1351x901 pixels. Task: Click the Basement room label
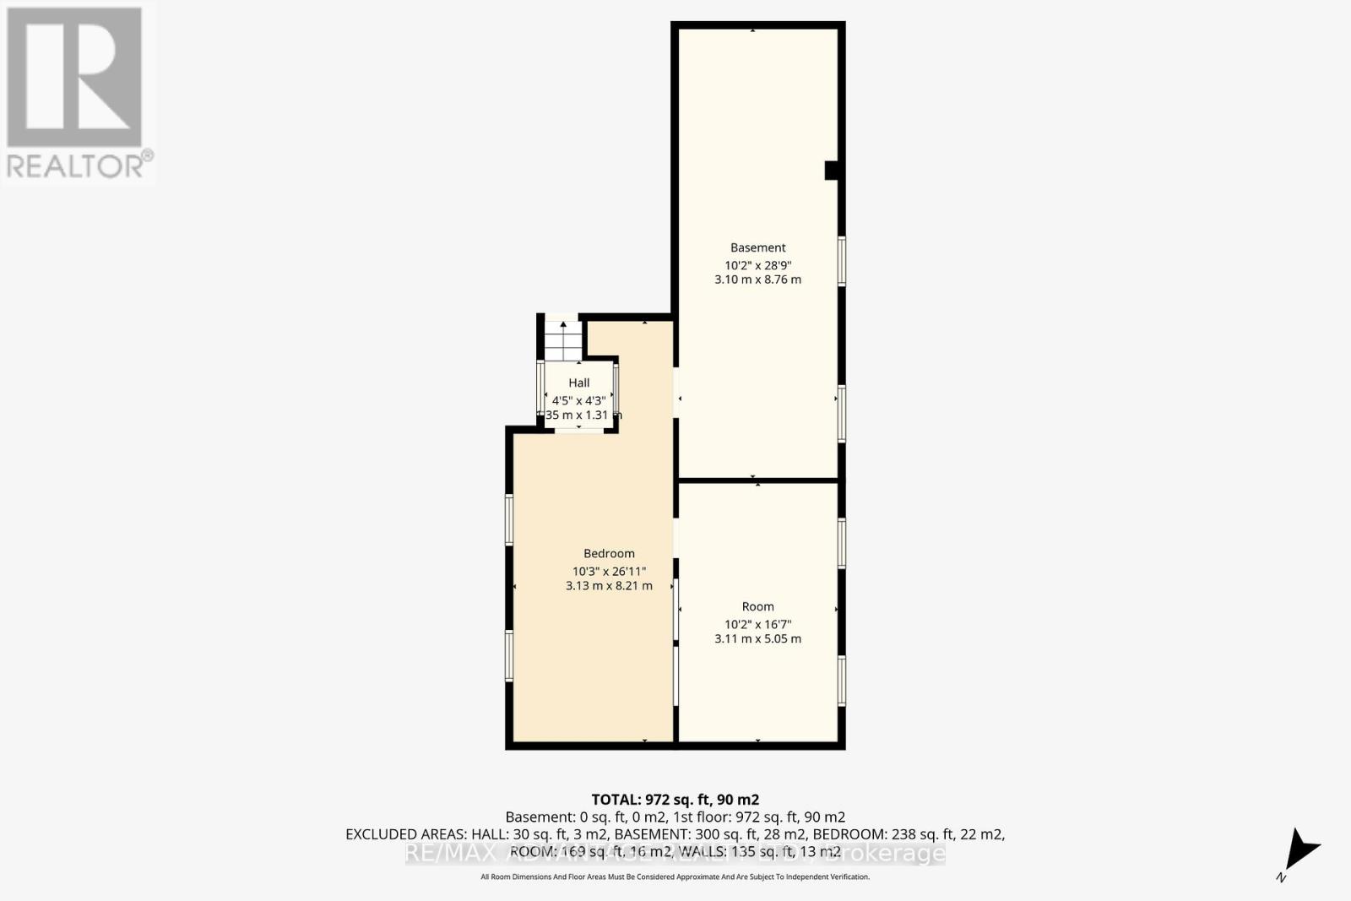point(757,247)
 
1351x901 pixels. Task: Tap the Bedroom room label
point(609,553)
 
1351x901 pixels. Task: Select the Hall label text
point(578,383)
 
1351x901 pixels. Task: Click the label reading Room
point(757,606)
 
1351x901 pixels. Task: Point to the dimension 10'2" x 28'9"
point(757,264)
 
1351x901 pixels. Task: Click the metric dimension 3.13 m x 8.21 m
point(609,585)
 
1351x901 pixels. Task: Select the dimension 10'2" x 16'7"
point(757,624)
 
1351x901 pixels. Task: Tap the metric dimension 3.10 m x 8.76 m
point(757,280)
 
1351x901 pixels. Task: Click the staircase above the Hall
point(563,339)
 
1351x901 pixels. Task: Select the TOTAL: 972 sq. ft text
point(675,799)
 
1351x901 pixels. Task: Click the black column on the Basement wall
point(832,170)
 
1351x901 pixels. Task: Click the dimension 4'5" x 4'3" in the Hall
point(578,400)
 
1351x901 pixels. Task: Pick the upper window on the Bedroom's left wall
point(509,519)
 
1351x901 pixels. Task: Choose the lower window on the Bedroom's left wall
point(509,655)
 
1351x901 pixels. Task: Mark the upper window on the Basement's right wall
point(842,262)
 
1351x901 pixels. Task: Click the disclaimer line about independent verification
point(675,877)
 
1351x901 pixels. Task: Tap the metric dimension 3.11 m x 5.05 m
point(757,639)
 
